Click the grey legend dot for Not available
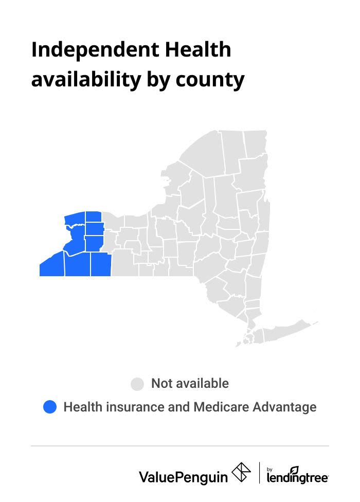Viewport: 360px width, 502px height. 137,384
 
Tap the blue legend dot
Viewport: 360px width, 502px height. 49,407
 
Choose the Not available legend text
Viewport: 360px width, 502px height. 190,384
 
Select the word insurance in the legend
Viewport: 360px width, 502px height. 135,407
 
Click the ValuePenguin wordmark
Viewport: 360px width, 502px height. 183,477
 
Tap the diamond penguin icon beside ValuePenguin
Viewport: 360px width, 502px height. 241,473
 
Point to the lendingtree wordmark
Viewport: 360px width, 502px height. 298,478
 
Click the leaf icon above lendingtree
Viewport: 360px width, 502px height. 294,470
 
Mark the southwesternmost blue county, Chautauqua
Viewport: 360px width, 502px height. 52,265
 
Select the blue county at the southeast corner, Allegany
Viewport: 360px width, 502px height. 101,264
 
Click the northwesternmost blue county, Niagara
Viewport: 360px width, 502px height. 75,218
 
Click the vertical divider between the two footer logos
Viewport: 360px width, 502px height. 259,474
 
